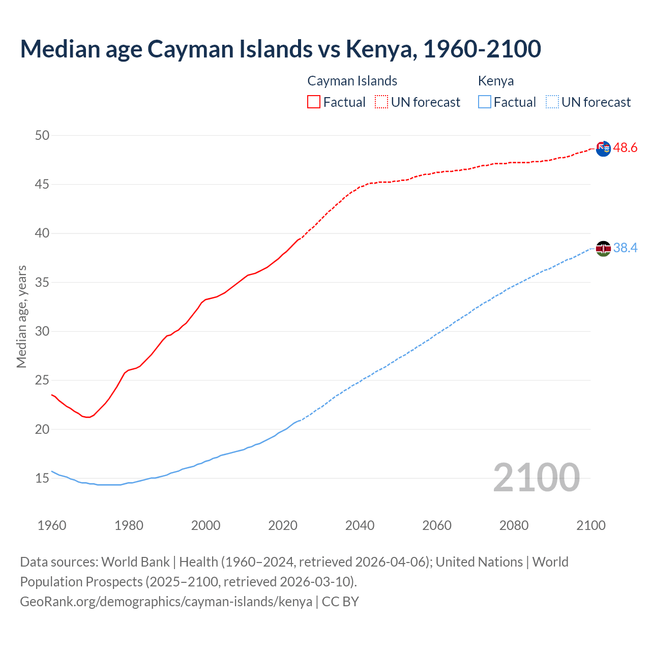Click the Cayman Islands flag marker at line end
pyautogui.click(x=603, y=149)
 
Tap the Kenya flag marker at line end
pyautogui.click(x=603, y=249)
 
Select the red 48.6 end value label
pyautogui.click(x=625, y=148)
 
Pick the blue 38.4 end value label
pyautogui.click(x=625, y=248)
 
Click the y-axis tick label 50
pyautogui.click(x=42, y=135)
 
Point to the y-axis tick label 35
pyautogui.click(x=42, y=282)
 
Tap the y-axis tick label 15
pyautogui.click(x=42, y=478)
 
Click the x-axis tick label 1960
pyautogui.click(x=52, y=525)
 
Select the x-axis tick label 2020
pyautogui.click(x=283, y=525)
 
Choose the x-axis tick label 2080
pyautogui.click(x=514, y=525)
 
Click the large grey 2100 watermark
pyautogui.click(x=536, y=478)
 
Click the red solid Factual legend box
pyautogui.click(x=314, y=102)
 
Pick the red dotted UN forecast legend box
pyautogui.click(x=381, y=102)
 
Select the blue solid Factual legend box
pyautogui.click(x=485, y=102)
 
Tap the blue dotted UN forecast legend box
pyautogui.click(x=552, y=102)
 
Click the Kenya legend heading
pyautogui.click(x=496, y=81)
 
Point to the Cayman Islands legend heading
pyautogui.click(x=352, y=81)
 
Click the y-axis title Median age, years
pyautogui.click(x=21, y=316)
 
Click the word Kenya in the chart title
pyautogui.click(x=379, y=49)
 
